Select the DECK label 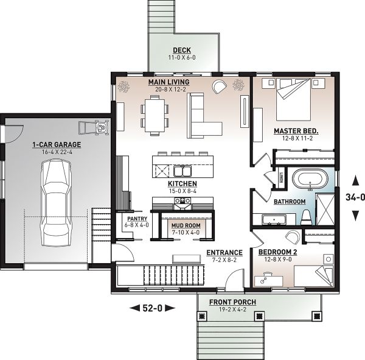pyautogui.click(x=181, y=50)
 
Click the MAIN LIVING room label pyautogui.click(x=169, y=82)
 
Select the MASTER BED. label pyautogui.click(x=296, y=131)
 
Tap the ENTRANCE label pyautogui.click(x=224, y=252)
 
